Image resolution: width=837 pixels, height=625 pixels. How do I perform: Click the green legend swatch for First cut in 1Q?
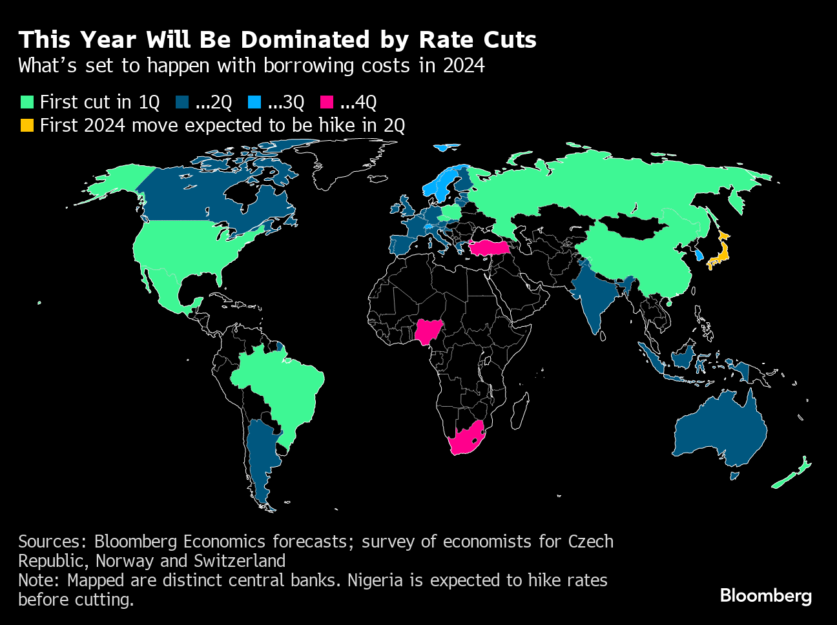click(x=26, y=102)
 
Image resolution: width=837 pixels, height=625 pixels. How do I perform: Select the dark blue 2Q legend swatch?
click(x=182, y=102)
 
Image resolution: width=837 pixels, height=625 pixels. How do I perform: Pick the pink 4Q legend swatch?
click(x=327, y=102)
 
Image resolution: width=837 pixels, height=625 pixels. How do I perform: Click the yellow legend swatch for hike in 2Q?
click(x=26, y=125)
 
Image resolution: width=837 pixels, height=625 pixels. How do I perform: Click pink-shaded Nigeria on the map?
click(x=426, y=332)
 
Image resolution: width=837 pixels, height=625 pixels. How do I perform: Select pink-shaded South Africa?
click(x=466, y=439)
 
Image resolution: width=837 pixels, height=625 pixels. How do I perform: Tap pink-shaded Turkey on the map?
click(x=490, y=248)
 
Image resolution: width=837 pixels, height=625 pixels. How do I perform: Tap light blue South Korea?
click(x=699, y=253)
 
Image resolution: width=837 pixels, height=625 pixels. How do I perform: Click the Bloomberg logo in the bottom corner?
click(x=765, y=595)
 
